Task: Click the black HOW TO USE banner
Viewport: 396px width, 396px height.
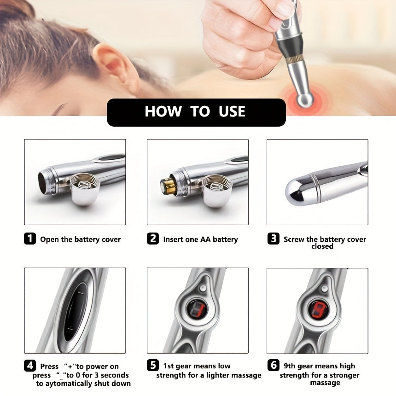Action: pos(196,112)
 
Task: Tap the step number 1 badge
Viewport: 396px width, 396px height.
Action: pos(30,239)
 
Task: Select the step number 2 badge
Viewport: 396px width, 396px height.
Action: pos(153,239)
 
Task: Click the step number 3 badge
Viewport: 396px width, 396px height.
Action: pos(274,239)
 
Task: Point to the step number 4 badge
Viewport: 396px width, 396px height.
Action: pos(30,366)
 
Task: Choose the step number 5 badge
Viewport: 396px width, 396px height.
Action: pos(153,366)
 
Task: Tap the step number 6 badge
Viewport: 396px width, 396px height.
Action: pos(274,366)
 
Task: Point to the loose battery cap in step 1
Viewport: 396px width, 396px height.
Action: pos(85,188)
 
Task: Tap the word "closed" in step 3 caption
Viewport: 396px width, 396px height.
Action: pos(322,246)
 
